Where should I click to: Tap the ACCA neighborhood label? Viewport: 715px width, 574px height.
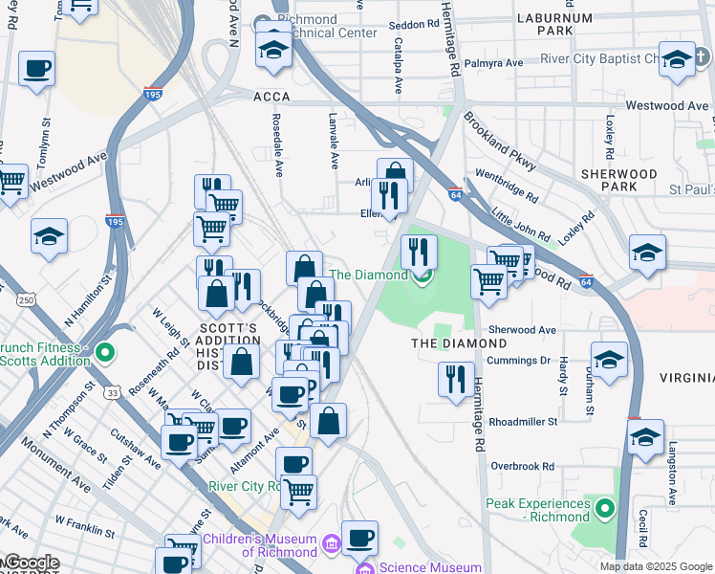(x=271, y=97)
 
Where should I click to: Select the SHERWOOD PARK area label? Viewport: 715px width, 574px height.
(x=619, y=181)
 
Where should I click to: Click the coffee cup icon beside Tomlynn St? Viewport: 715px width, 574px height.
(x=36, y=70)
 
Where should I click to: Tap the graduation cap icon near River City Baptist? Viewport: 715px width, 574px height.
(x=677, y=59)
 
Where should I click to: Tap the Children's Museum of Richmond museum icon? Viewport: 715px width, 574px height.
(x=331, y=544)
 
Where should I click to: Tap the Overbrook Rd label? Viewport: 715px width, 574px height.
(x=522, y=467)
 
